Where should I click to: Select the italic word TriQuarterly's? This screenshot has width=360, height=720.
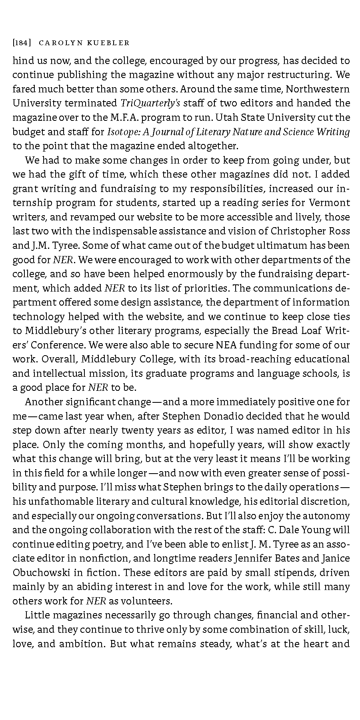coord(150,103)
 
